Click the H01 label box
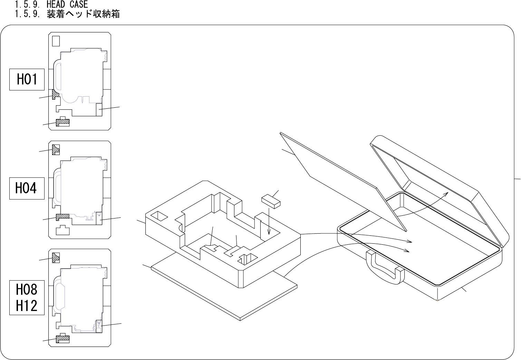pyautogui.click(x=27, y=79)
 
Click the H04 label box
pyautogui.click(x=27, y=188)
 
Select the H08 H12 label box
pyautogui.click(x=27, y=298)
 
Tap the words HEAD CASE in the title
pyautogui.click(x=67, y=4)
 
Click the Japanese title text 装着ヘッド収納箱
pyautogui.click(x=83, y=14)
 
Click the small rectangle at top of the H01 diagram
pyautogui.click(x=56, y=41)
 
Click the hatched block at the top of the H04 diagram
pyautogui.click(x=56, y=149)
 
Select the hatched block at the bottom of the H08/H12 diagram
pyautogui.click(x=62, y=339)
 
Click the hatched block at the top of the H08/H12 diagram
pyautogui.click(x=56, y=257)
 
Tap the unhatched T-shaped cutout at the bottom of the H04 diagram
pyautogui.click(x=62, y=230)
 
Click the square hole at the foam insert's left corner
pyautogui.click(x=159, y=216)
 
